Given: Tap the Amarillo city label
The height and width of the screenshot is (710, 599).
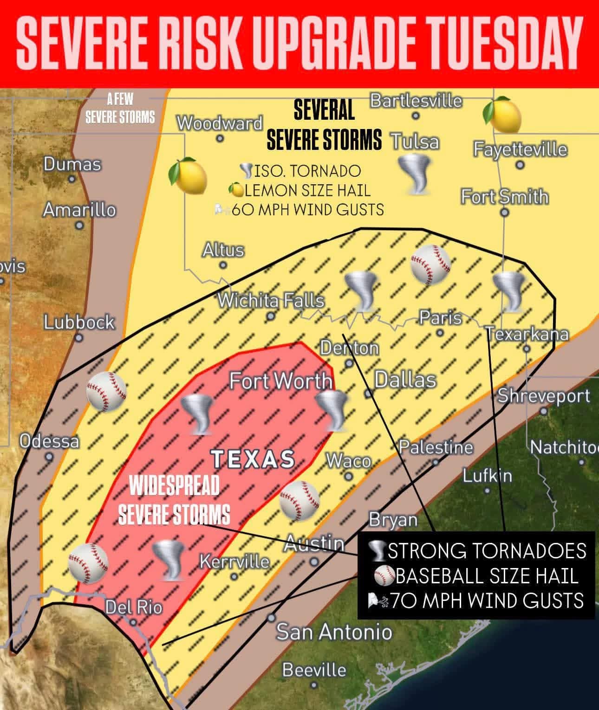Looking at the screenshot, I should click(79, 210).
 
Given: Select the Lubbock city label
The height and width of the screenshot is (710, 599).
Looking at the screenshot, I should click(79, 322).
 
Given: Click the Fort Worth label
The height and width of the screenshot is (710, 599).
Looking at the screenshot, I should click(281, 381).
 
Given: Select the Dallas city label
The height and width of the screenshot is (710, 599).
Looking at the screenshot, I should click(405, 380).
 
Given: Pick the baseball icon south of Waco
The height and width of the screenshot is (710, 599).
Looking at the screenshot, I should click(299, 500).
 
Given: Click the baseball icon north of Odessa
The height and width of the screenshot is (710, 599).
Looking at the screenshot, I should click(106, 391).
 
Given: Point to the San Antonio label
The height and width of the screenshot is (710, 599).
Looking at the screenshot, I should click(334, 632).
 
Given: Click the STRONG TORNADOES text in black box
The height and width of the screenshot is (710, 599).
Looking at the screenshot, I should click(487, 551).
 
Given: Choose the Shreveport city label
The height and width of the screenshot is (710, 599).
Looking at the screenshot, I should click(544, 396).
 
